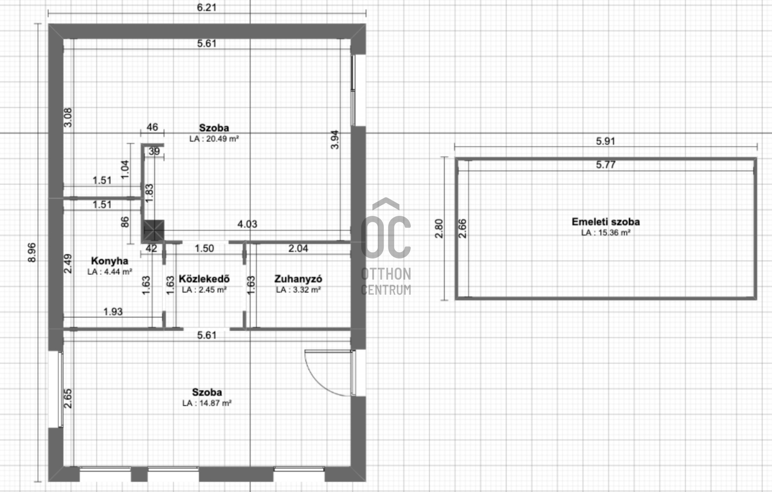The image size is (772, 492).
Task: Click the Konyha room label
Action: click(x=109, y=261)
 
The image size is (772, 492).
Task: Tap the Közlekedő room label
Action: click(x=204, y=279)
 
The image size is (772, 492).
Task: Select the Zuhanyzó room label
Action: click(x=298, y=279)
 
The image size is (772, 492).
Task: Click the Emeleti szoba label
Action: click(x=606, y=222)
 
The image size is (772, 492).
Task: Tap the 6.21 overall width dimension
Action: click(x=207, y=8)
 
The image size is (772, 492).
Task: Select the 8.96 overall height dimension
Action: click(x=32, y=253)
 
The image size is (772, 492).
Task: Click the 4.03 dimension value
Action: click(x=247, y=224)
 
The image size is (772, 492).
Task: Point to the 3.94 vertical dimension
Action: click(x=335, y=140)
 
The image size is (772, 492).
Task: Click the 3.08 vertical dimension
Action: click(x=68, y=117)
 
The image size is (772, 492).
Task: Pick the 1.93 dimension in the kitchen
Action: click(x=113, y=312)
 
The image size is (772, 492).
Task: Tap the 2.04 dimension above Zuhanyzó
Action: click(x=298, y=248)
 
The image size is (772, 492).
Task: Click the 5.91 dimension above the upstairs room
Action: click(x=606, y=141)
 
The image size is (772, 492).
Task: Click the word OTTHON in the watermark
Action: click(x=386, y=274)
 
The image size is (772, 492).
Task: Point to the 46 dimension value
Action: click(x=152, y=127)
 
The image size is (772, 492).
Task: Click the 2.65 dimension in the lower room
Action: click(x=68, y=398)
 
